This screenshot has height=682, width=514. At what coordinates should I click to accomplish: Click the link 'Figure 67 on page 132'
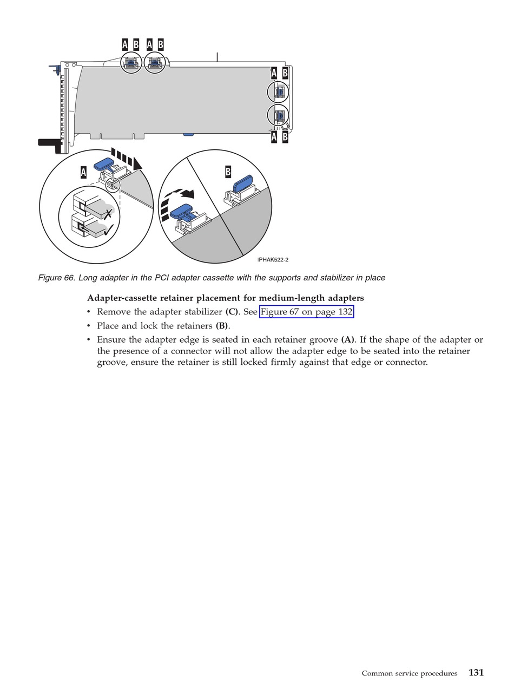[x=306, y=312]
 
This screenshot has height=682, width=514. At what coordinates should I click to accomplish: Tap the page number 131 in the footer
[x=476, y=672]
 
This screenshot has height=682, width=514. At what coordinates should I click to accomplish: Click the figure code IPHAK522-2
[x=273, y=260]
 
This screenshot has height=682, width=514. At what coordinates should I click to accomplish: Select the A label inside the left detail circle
[x=83, y=172]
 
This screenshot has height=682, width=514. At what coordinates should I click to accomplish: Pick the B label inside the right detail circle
[x=228, y=172]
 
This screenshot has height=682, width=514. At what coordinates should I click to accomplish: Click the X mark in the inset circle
[x=108, y=214]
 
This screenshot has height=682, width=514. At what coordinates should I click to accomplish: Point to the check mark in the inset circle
[x=108, y=230]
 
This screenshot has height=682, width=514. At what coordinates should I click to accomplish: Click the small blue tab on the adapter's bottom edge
[x=188, y=134]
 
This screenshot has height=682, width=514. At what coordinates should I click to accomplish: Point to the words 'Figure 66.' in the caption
[x=56, y=278]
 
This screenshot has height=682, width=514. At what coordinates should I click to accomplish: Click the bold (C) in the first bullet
[x=232, y=312]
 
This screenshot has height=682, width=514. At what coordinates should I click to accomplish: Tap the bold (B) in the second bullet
[x=222, y=326]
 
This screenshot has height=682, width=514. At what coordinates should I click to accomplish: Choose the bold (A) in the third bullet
[x=347, y=340]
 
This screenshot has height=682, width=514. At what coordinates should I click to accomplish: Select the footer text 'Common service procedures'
[x=409, y=673]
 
